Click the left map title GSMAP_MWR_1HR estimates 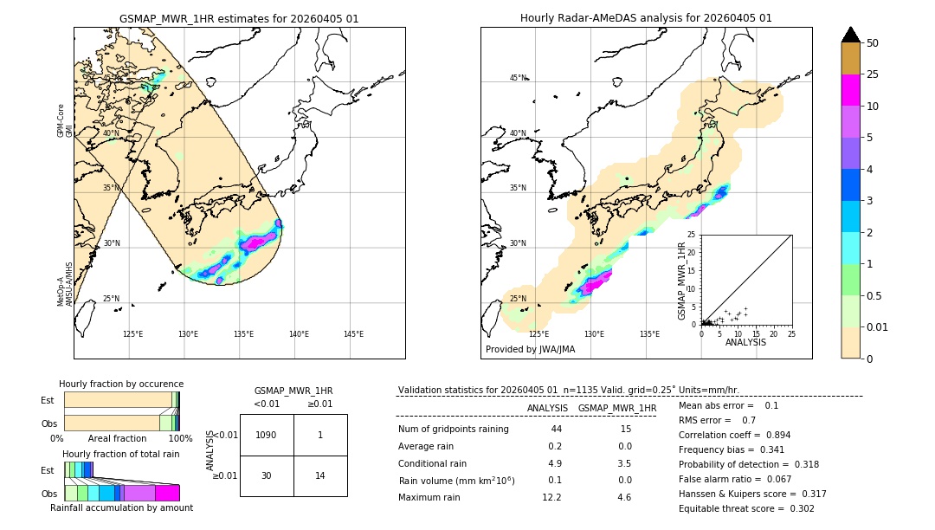point(239,18)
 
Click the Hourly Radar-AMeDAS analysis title point(646,18)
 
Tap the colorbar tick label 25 point(873,74)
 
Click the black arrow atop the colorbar point(851,35)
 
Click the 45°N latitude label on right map point(518,78)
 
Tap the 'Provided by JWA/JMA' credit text point(530,349)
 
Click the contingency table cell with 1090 point(267,435)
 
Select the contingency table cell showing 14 point(320,475)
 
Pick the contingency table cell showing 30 point(267,475)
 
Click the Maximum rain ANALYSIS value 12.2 point(551,497)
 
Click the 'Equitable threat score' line point(746,508)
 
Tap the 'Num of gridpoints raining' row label point(454,429)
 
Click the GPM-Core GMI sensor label point(61,120)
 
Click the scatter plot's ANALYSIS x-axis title point(745,342)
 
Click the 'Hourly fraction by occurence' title point(121,384)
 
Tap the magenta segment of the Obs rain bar point(167,493)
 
